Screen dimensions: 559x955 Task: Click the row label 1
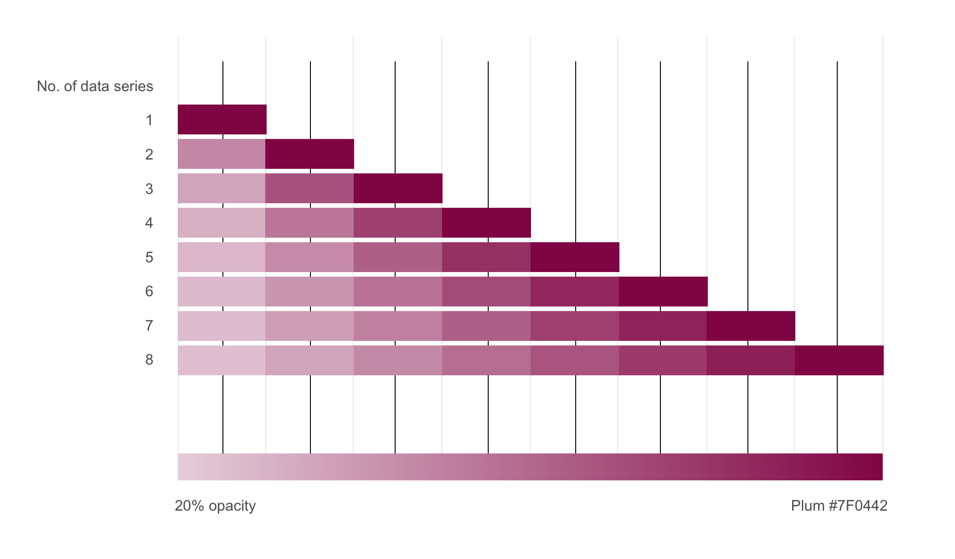tap(149, 120)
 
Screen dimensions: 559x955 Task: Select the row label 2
tap(149, 154)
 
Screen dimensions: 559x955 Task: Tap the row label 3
tap(149, 189)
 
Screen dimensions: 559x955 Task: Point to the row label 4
tap(149, 223)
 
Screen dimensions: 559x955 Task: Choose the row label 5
tap(149, 257)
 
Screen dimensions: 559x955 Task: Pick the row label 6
tap(149, 292)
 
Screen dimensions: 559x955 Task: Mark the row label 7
tap(149, 326)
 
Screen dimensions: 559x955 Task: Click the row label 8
tap(149, 360)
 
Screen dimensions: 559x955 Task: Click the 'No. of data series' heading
tap(95, 87)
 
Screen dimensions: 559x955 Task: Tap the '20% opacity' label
tap(215, 506)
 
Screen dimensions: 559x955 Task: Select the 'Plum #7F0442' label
tap(839, 506)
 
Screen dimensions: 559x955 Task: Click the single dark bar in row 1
tap(222, 120)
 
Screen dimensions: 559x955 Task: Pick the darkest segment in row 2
tap(309, 154)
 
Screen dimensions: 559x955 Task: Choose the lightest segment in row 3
tap(222, 188)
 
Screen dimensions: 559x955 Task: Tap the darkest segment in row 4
tap(486, 223)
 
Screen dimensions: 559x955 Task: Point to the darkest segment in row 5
tap(575, 257)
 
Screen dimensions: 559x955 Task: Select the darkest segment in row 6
tap(663, 292)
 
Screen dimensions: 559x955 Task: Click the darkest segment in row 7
tap(751, 326)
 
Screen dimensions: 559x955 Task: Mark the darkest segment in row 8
tap(839, 360)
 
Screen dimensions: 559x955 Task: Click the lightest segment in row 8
tap(222, 360)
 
